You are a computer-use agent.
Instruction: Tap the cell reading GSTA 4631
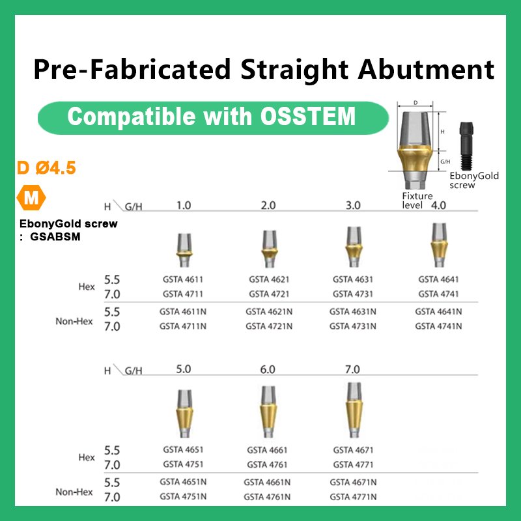pos(352,279)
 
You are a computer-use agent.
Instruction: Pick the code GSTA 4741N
pos(438,326)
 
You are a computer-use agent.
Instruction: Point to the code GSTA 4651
pos(182,450)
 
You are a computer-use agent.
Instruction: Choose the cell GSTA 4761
pos(267,464)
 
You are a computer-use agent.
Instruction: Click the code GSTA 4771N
pos(352,496)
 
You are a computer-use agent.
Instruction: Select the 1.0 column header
pos(184,205)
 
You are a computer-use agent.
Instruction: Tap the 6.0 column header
pos(268,369)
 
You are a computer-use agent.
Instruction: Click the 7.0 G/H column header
pos(352,369)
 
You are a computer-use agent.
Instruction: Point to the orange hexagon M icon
pos(30,197)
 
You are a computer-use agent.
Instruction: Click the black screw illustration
pos(466,147)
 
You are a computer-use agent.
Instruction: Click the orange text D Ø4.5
pos(47,168)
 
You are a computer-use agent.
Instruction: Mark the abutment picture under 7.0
pos(352,410)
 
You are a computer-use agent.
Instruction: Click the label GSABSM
pos(55,237)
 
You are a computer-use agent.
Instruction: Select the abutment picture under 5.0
pos(183,414)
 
